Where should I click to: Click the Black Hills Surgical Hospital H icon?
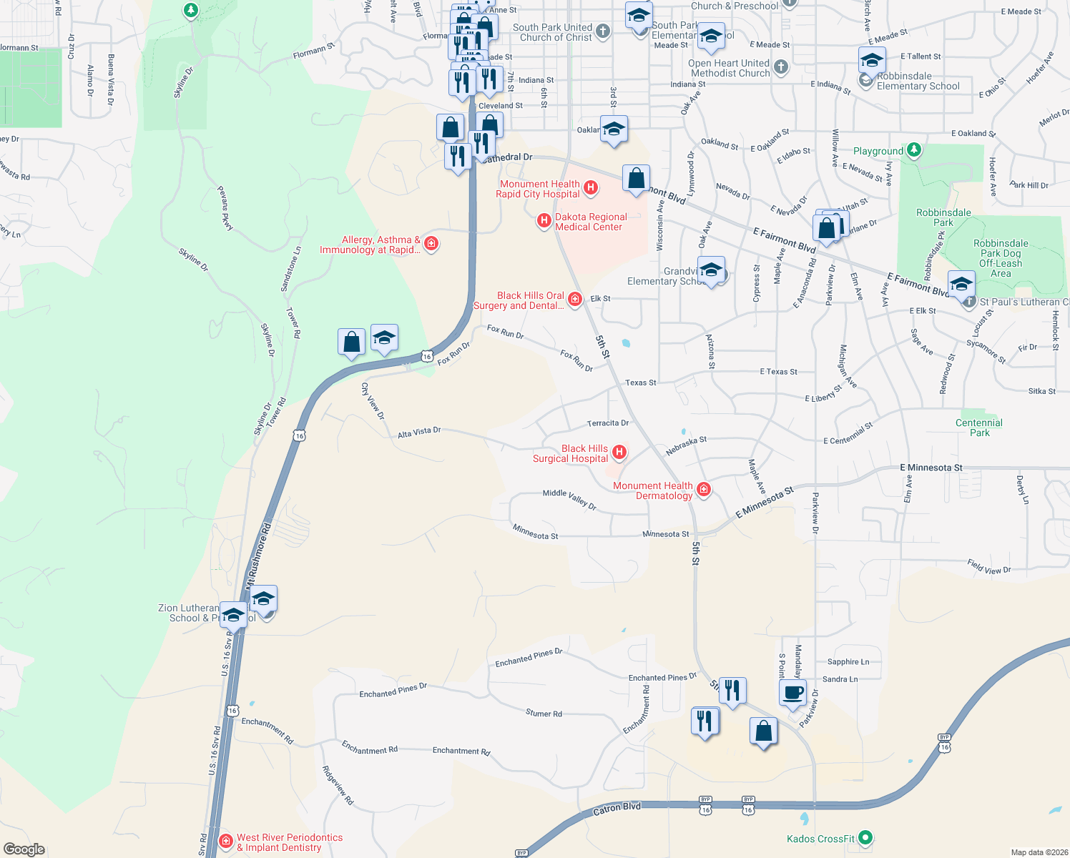pos(619,452)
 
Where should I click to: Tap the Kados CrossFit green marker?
pos(865,837)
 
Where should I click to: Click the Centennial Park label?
pos(979,428)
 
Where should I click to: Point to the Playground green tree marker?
pos(913,150)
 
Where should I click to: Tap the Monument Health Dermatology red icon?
pos(704,490)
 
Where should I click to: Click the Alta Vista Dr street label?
pos(419,432)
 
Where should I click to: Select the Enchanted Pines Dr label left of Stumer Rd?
pos(393,691)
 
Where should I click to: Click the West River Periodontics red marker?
pos(226,842)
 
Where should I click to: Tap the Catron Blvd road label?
pos(617,809)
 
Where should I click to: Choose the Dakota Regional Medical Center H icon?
pos(544,221)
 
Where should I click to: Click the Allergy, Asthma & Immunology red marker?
pos(431,244)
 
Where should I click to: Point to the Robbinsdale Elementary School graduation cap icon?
pos(872,61)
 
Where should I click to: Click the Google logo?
pos(24,849)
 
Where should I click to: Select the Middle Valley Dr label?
pos(569,499)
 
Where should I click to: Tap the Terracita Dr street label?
pos(608,423)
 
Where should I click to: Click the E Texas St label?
pos(778,372)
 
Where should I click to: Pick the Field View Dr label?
pos(989,566)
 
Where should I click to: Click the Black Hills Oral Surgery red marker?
pos(575,300)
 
